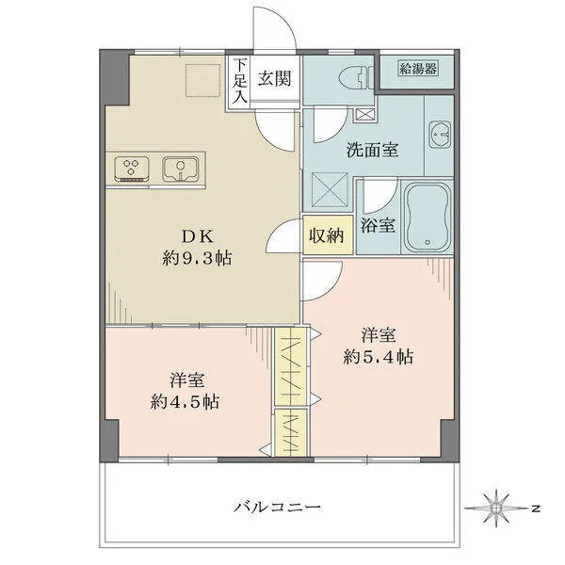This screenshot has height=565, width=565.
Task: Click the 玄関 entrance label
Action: pyautogui.click(x=275, y=79)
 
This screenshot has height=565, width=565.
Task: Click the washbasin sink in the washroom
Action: pyautogui.click(x=441, y=138)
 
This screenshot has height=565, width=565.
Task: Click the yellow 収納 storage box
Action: pyautogui.click(x=328, y=235)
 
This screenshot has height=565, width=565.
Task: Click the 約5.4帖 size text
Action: pyautogui.click(x=376, y=358)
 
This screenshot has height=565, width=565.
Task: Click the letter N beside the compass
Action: pyautogui.click(x=534, y=509)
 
